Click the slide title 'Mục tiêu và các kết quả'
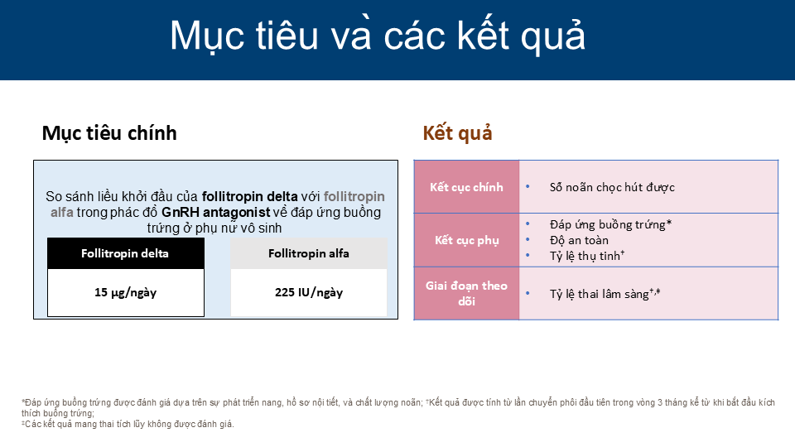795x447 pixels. pos(378,36)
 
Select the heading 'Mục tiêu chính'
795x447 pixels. pos(109,132)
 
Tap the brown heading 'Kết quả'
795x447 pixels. pos(457,132)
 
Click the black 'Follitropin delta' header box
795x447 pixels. pos(126,253)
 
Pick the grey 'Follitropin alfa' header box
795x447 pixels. pos(309,253)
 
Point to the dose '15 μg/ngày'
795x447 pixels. pos(126,292)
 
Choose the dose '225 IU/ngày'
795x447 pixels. pos(309,292)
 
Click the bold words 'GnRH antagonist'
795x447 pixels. pos(216,212)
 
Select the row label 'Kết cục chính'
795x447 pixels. pos(466,187)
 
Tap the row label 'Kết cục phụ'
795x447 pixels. pos(466,240)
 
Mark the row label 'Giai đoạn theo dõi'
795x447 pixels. pos(466,293)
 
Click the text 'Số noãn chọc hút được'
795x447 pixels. pos(612,188)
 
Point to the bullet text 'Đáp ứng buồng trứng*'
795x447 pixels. pos(610,224)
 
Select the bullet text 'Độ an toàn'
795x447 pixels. pos(579,240)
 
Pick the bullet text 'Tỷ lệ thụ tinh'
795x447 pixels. pos(585,256)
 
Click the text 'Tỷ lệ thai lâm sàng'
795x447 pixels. pos(599,294)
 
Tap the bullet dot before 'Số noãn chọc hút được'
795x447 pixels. pos(528,187)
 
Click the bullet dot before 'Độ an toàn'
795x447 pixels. pos(528,240)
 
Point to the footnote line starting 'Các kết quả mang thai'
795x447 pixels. pos(128,424)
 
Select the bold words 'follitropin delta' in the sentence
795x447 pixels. pos(250,196)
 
